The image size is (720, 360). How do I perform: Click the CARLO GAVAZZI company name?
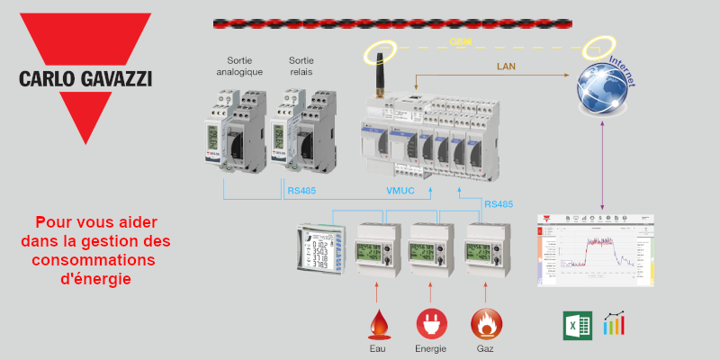pos(85,78)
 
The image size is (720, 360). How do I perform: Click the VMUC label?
pos(401,191)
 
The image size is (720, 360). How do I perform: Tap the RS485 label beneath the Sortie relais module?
pos(301,191)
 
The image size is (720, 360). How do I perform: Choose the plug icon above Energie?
pos(429,322)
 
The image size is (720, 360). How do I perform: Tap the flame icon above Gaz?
pos(485,322)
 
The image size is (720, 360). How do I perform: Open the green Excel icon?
pos(575,325)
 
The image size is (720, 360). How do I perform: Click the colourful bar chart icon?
pos(616,324)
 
